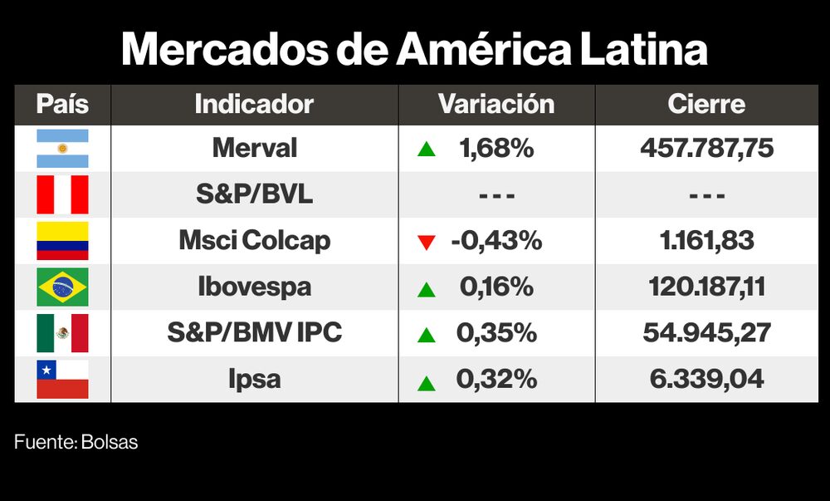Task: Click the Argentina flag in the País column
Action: pyautogui.click(x=62, y=149)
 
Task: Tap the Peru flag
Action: pyautogui.click(x=62, y=195)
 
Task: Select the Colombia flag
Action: pyautogui.click(x=62, y=241)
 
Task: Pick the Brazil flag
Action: pyautogui.click(x=62, y=287)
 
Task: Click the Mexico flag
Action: pyautogui.click(x=62, y=333)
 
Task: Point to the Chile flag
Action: pyautogui.click(x=62, y=380)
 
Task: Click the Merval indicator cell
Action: pyautogui.click(x=254, y=149)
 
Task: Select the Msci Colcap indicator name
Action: pyautogui.click(x=254, y=241)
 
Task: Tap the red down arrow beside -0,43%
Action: pyautogui.click(x=427, y=243)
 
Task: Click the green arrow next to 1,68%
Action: pyautogui.click(x=427, y=150)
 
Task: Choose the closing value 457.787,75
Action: pyautogui.click(x=706, y=149)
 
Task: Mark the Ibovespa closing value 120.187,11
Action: pyautogui.click(x=706, y=287)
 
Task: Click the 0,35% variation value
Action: pyautogui.click(x=496, y=333)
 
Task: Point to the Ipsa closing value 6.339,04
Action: pyautogui.click(x=706, y=380)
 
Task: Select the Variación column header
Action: pyautogui.click(x=496, y=105)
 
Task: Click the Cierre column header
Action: pyautogui.click(x=706, y=105)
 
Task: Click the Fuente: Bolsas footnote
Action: pyautogui.click(x=76, y=442)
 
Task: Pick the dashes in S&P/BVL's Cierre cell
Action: pyautogui.click(x=706, y=196)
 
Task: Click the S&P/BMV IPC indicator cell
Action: pyautogui.click(x=254, y=333)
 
